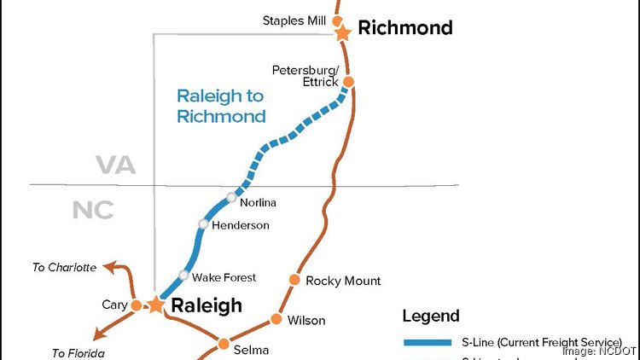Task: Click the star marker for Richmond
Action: click(x=343, y=32)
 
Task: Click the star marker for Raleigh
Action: click(x=155, y=305)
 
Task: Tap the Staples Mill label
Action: click(x=295, y=20)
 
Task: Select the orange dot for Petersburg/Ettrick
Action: click(x=348, y=82)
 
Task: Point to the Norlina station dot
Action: click(x=231, y=198)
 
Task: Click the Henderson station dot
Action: click(x=203, y=224)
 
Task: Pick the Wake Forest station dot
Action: click(x=183, y=275)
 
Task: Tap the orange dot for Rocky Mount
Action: click(x=294, y=280)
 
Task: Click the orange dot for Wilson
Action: click(x=276, y=320)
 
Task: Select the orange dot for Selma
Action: click(x=224, y=344)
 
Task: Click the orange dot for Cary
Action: click(x=136, y=305)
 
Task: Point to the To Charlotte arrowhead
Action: click(x=106, y=267)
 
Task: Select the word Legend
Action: click(x=431, y=316)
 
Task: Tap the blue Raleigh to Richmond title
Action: click(x=221, y=107)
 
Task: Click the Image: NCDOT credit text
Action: click(x=597, y=351)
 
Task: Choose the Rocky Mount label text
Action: click(x=343, y=281)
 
